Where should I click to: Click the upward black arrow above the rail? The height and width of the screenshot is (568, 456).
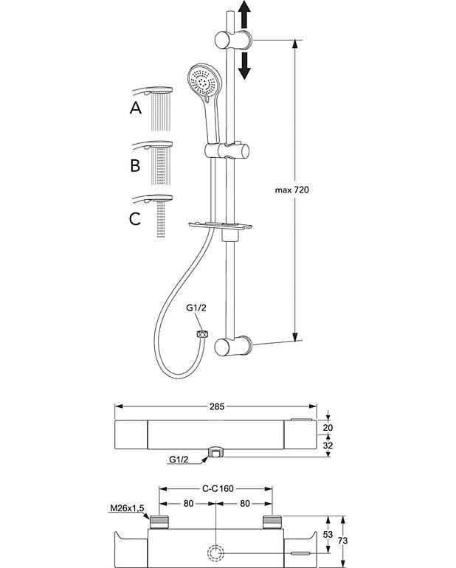coord(246,15)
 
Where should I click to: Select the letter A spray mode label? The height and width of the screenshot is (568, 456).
coord(135,108)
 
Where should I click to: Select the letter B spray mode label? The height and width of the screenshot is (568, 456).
coord(135,164)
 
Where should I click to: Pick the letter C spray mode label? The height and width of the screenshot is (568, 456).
coord(135,219)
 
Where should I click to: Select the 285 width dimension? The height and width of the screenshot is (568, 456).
coord(216,406)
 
